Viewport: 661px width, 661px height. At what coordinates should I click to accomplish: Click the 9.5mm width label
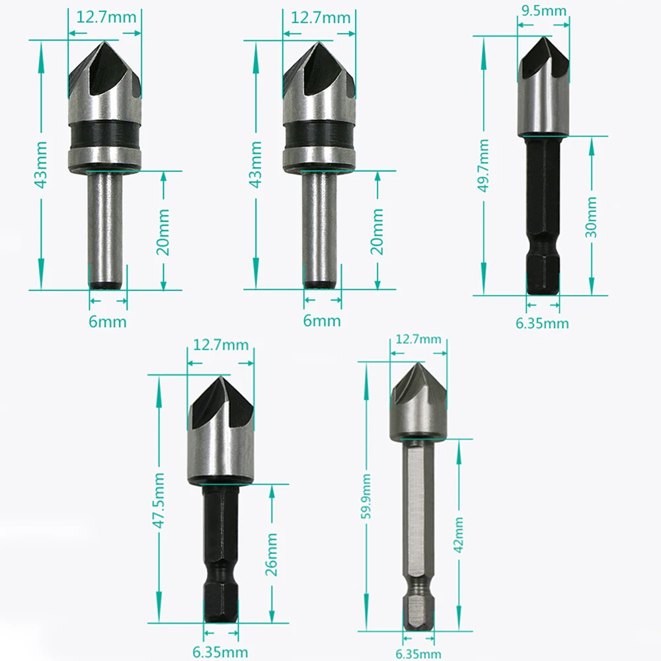click(543, 10)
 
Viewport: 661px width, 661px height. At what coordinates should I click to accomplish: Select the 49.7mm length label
click(483, 165)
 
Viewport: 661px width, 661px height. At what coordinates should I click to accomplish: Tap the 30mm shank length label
click(591, 217)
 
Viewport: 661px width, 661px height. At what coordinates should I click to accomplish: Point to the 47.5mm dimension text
click(159, 500)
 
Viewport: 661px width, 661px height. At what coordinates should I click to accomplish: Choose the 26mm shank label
click(271, 555)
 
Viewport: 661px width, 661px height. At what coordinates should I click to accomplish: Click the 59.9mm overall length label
click(366, 496)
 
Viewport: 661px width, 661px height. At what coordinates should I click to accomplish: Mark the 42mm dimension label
click(459, 535)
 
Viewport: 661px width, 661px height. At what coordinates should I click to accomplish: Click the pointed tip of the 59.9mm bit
click(418, 362)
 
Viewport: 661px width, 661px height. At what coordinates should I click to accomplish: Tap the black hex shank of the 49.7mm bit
click(543, 215)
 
